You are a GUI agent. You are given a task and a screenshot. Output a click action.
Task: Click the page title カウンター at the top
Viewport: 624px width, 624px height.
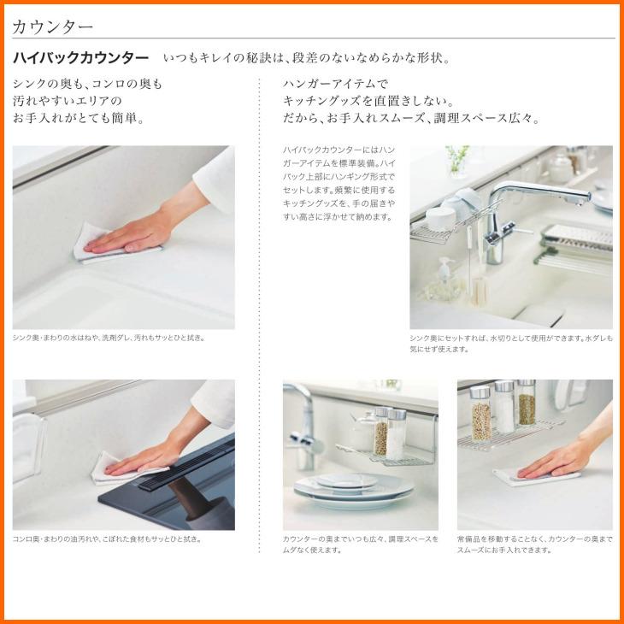click(x=52, y=27)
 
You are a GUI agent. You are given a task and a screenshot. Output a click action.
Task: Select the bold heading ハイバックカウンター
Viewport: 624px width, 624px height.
click(x=81, y=58)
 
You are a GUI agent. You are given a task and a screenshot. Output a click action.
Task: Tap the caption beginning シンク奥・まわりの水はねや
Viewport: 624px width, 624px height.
click(x=109, y=338)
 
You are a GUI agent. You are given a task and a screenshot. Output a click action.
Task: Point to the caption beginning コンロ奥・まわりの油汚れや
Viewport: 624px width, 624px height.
click(x=108, y=539)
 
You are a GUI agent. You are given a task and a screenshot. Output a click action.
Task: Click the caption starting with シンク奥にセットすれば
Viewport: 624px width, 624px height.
click(x=511, y=344)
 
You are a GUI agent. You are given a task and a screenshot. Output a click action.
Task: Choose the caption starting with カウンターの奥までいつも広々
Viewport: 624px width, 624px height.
click(x=361, y=545)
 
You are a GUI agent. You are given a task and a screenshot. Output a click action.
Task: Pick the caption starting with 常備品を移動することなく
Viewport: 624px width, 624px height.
click(x=535, y=545)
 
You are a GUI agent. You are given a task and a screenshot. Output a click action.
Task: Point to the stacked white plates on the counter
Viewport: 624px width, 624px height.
click(x=353, y=490)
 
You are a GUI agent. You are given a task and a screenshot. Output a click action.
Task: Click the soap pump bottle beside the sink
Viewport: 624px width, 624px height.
click(x=444, y=274)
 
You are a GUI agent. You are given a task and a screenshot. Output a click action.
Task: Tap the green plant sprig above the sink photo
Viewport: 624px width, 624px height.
click(x=458, y=158)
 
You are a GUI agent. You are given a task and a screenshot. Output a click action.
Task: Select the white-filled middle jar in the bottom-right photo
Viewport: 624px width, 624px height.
click(x=504, y=407)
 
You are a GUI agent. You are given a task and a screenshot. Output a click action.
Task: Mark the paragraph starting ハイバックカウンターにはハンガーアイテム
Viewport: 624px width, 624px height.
click(x=339, y=184)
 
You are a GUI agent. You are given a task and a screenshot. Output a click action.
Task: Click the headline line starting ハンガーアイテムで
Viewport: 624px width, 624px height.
click(x=335, y=84)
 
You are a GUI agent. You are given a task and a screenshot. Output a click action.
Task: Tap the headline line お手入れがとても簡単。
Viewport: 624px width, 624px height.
click(x=79, y=118)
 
